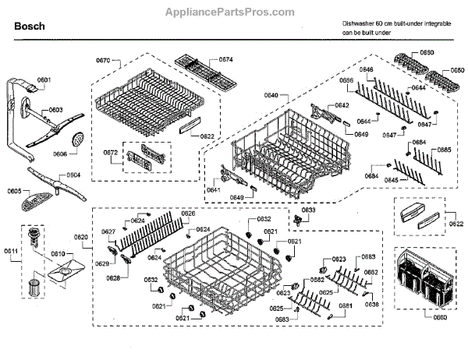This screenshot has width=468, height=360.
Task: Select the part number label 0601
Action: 44,81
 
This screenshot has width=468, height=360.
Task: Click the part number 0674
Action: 226,60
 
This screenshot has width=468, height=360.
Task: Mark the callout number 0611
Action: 12,250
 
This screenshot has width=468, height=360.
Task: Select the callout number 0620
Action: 81,237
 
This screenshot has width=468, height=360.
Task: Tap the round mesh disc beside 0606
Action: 77,139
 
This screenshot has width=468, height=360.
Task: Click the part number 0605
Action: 14,191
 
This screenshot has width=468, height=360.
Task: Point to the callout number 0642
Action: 341,105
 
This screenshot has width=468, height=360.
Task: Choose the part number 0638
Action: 372,304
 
